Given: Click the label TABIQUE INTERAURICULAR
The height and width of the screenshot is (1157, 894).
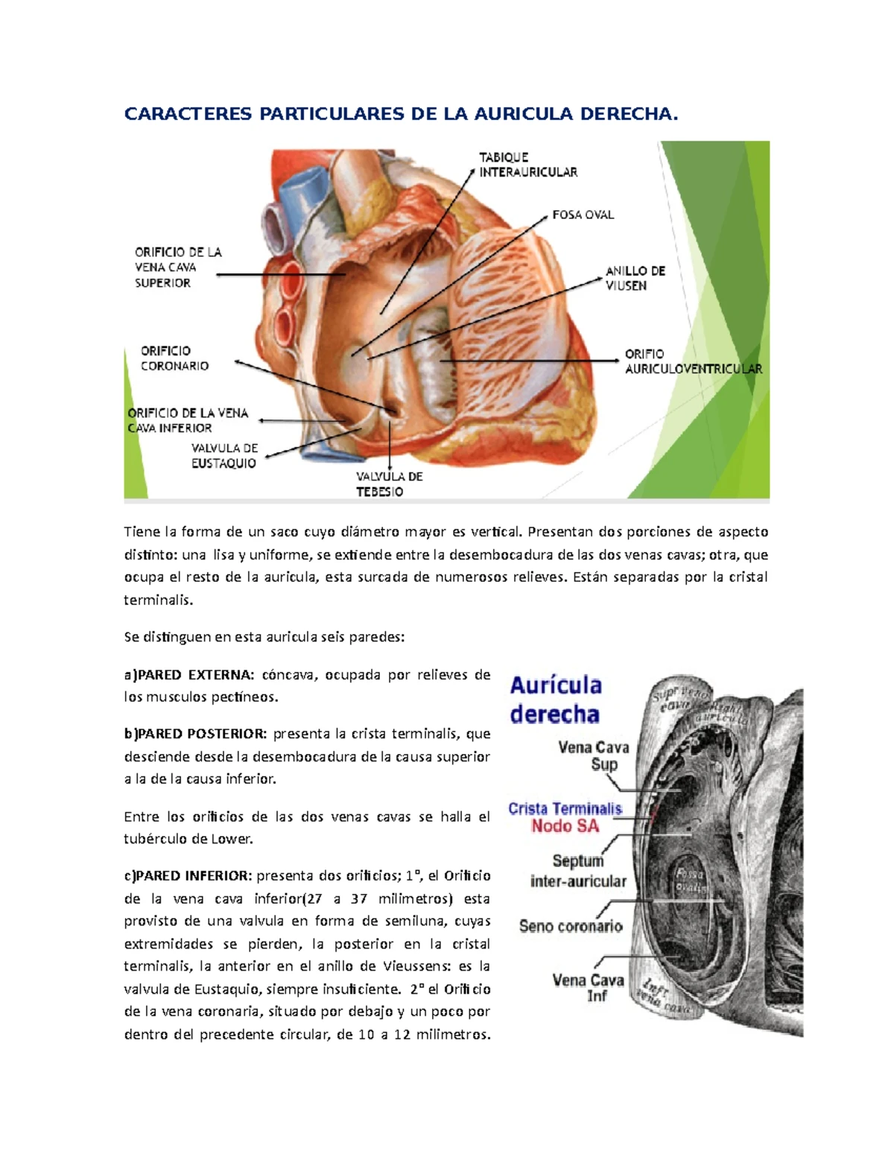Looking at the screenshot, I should click(527, 165).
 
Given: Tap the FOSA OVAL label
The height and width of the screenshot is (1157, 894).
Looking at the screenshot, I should click(583, 215).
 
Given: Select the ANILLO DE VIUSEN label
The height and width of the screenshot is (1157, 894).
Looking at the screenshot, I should click(635, 278).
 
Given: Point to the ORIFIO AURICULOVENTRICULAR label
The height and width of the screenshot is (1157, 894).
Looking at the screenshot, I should click(693, 361).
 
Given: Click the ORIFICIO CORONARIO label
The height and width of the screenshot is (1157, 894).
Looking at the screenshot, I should click(174, 358).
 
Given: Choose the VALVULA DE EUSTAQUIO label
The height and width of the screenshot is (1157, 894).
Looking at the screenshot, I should click(224, 456).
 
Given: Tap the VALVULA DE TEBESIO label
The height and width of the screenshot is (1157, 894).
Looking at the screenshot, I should click(389, 484).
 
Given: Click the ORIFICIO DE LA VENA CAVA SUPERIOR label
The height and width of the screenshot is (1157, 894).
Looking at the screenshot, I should click(177, 267).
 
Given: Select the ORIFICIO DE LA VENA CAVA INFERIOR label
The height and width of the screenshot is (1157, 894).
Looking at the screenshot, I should click(188, 420).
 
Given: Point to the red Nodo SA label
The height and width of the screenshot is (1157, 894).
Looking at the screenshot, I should click(565, 825).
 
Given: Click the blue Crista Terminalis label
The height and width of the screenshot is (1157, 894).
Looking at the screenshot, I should click(565, 808).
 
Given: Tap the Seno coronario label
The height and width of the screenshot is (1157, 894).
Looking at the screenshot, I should click(571, 926).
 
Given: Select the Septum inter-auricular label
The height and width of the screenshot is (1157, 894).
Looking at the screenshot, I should click(578, 871).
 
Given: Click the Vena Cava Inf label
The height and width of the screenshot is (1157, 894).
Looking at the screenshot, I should click(588, 988).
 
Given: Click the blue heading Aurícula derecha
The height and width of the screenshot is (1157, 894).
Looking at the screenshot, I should click(555, 700).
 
